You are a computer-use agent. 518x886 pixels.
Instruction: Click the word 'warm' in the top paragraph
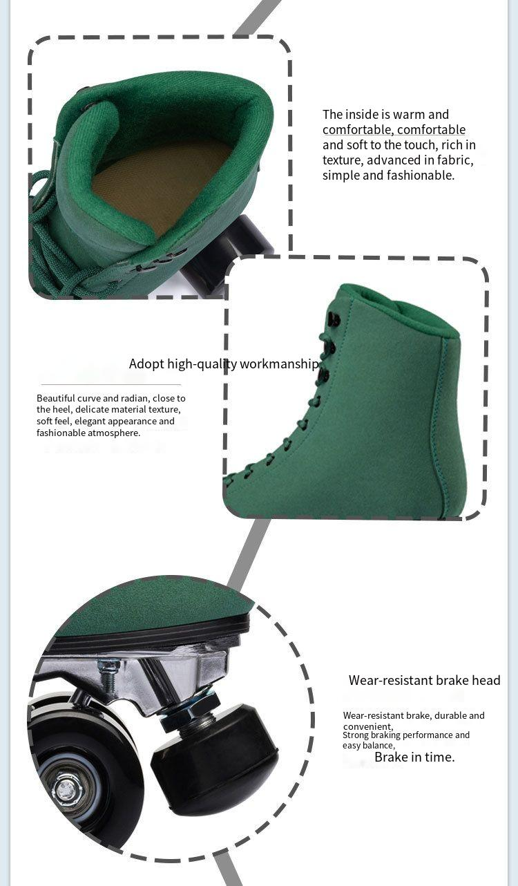[410, 115]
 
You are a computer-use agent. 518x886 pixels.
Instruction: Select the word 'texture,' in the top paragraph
[343, 160]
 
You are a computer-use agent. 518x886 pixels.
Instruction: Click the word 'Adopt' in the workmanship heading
[146, 364]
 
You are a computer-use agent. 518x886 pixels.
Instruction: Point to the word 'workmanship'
[279, 364]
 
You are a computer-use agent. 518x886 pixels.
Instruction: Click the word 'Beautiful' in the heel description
[55, 398]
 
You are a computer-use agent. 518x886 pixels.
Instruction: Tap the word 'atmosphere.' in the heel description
[114, 433]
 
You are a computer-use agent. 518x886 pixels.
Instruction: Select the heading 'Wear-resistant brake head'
[424, 680]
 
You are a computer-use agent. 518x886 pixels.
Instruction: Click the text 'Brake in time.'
[414, 757]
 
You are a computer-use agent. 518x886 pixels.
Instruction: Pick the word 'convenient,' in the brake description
[368, 726]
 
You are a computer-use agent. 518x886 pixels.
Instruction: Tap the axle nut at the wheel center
[65, 790]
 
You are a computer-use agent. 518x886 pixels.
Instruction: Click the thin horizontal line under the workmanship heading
[111, 384]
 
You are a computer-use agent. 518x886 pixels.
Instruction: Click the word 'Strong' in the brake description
[356, 735]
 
